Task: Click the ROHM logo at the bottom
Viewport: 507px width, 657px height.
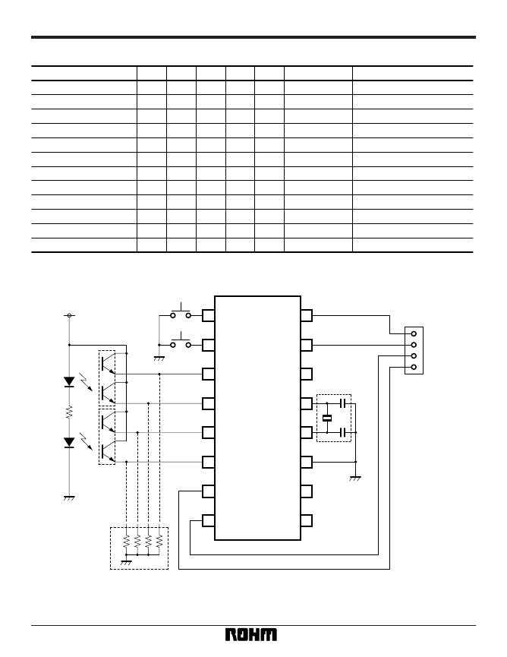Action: click(251, 634)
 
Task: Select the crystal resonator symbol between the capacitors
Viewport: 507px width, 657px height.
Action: click(327, 418)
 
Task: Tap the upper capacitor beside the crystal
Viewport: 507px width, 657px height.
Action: click(343, 403)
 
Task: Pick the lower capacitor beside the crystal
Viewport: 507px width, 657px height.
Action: click(343, 432)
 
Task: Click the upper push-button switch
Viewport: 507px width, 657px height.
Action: click(181, 312)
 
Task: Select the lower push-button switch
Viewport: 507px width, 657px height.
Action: click(181, 342)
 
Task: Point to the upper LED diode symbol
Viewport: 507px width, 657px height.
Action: click(69, 382)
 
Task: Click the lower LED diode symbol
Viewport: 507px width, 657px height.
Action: click(69, 443)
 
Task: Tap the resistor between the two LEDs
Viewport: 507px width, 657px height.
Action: click(69, 412)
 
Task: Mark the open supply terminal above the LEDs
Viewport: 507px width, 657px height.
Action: click(69, 315)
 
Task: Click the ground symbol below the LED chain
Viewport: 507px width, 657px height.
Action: click(69, 498)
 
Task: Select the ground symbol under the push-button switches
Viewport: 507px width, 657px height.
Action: click(159, 359)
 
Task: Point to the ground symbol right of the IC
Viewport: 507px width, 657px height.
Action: click(355, 479)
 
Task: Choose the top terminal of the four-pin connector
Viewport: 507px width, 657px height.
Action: click(414, 334)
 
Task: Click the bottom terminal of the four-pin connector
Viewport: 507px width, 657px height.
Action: click(414, 368)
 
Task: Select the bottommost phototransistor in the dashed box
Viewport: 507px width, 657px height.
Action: click(108, 451)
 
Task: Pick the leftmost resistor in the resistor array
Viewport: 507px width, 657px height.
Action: click(127, 541)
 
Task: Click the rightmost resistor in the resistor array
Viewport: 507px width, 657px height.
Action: click(159, 541)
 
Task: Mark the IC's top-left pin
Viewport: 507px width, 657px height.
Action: click(209, 315)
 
